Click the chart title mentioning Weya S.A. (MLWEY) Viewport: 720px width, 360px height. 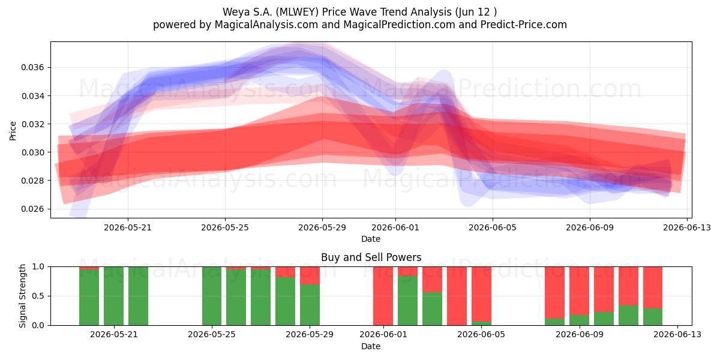click(x=359, y=12)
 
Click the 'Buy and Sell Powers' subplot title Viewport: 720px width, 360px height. click(x=371, y=257)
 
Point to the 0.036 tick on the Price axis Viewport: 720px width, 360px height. click(x=32, y=67)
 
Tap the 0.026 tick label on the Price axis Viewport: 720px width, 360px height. click(x=32, y=209)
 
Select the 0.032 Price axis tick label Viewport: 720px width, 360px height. click(x=32, y=124)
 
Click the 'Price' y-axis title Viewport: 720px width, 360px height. click(x=13, y=131)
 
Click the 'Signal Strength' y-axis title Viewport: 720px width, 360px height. click(x=22, y=296)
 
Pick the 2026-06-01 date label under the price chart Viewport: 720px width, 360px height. click(x=395, y=227)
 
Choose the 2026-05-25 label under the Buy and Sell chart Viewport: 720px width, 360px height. click(x=211, y=334)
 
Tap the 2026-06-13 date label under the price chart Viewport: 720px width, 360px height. click(x=687, y=227)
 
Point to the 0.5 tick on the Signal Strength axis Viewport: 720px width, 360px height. click(x=38, y=296)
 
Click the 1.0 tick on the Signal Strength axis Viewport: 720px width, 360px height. click(x=38, y=266)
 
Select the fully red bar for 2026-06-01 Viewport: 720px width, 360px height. click(x=383, y=296)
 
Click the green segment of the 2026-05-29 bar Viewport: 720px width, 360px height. click(x=310, y=305)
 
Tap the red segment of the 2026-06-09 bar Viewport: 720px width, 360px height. click(x=579, y=291)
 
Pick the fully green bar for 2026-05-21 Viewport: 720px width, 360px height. click(x=113, y=296)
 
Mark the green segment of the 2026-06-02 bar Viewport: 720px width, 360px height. click(x=407, y=301)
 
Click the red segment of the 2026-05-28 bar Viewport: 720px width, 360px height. click(x=285, y=272)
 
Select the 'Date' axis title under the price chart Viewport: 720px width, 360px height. click(x=371, y=239)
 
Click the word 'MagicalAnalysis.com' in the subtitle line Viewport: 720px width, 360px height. click(x=266, y=25)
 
